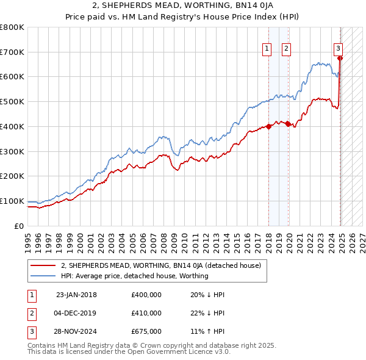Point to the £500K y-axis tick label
pos(12,102)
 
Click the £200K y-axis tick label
pos(12,176)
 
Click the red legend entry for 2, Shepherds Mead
pos(161,265)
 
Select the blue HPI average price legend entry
pos(135,276)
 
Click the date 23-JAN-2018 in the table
pos(76,295)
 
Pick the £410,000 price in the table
pos(146,313)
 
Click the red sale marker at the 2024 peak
pos(340,59)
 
